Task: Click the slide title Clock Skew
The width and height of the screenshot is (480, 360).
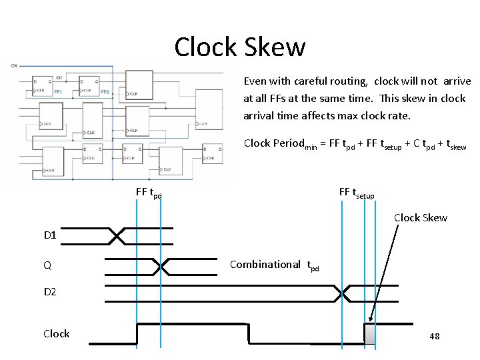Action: [x=240, y=47]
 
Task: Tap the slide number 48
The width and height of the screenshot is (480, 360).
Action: [x=434, y=337]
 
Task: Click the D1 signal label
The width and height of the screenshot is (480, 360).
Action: [x=51, y=235]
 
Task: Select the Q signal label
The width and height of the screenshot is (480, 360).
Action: [x=47, y=265]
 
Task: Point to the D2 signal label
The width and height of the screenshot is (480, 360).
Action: [x=51, y=293]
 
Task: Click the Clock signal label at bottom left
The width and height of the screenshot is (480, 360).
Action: [x=56, y=333]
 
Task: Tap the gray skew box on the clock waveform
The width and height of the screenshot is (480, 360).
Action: [x=369, y=334]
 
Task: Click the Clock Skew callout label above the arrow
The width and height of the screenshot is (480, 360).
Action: [x=420, y=218]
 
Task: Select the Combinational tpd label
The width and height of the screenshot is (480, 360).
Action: [x=274, y=265]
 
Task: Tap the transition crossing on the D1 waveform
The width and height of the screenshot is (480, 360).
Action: [x=117, y=235]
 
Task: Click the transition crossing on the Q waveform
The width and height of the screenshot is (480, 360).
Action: [x=162, y=266]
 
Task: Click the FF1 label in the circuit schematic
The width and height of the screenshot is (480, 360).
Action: [x=59, y=91]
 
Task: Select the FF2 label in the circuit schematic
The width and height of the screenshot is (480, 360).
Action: [x=105, y=91]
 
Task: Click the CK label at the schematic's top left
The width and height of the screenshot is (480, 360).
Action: [x=14, y=65]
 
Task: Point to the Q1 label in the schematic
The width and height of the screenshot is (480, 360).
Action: [x=59, y=78]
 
